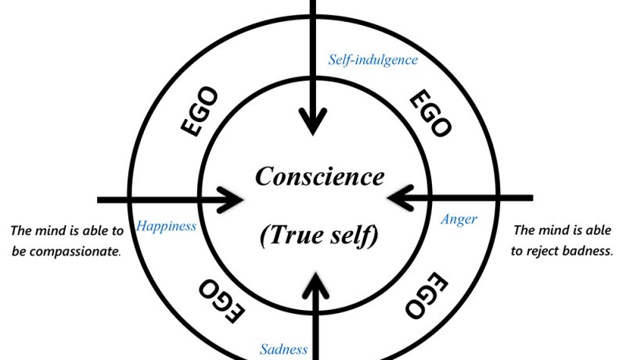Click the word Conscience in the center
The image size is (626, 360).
tap(319, 177)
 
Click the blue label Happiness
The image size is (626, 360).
tap(166, 227)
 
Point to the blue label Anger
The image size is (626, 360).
tap(459, 220)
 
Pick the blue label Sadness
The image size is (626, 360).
tap(283, 349)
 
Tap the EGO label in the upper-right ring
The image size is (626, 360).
tap(430, 113)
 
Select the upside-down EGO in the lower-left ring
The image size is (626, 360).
tap(222, 300)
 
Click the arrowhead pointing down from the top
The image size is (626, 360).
tap(314, 123)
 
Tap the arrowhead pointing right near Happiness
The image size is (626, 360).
tap(234, 199)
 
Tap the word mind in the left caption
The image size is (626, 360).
tap(53, 231)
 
